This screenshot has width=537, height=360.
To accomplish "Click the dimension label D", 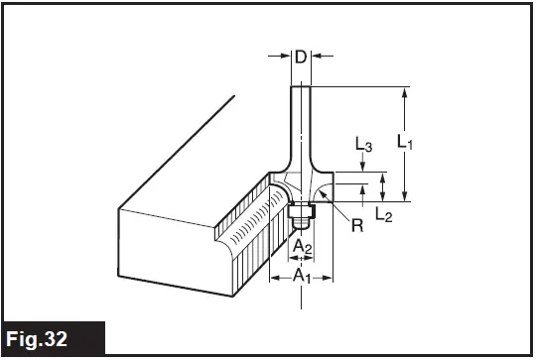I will click(300, 57).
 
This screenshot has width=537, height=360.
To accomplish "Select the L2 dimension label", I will click(383, 214).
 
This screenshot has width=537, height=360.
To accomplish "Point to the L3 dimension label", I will click(363, 146).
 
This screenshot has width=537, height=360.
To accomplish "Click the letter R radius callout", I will click(356, 225).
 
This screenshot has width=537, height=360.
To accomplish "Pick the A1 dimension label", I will click(301, 278).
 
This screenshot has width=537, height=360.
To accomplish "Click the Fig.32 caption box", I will click(52, 338).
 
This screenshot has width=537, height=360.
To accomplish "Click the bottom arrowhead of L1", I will click(404, 194).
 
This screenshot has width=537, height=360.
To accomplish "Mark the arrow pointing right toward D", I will click(282, 57).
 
